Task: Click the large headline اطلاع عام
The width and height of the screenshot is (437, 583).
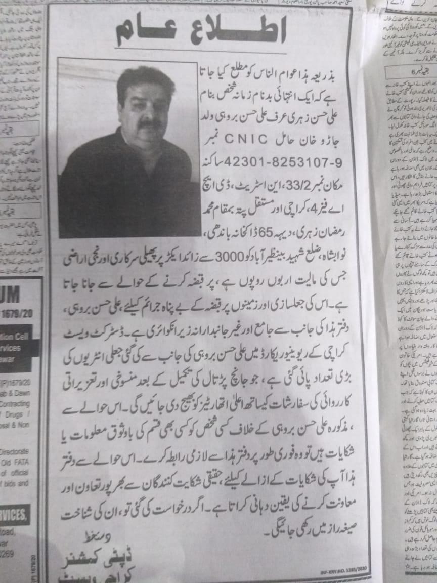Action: (x=201, y=30)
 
